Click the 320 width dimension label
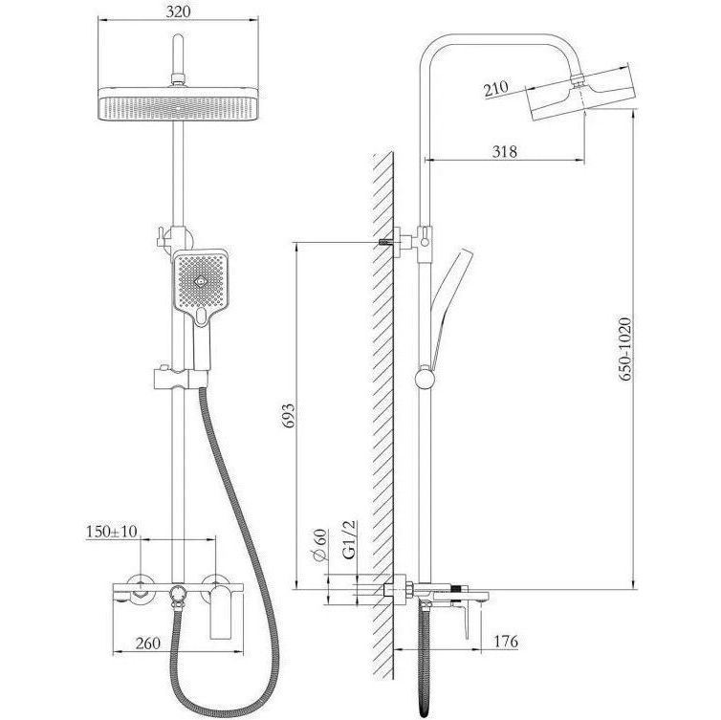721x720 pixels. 178,11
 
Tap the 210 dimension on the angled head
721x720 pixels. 496,89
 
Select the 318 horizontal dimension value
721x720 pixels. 505,151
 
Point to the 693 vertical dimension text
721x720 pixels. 288,416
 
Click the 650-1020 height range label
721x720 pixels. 624,349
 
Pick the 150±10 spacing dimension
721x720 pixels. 111,532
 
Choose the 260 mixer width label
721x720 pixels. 148,643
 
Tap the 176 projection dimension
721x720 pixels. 506,641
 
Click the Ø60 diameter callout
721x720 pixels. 320,545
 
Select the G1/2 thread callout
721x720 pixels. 349,539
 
